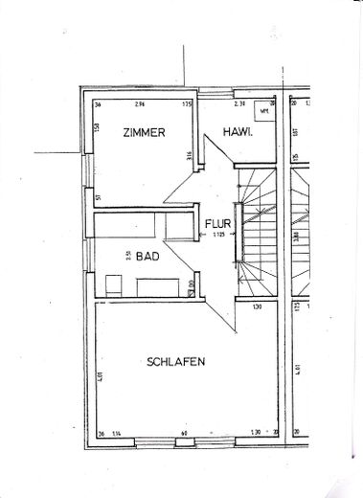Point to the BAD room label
(x=147, y=257)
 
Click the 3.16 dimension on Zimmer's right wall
(x=190, y=155)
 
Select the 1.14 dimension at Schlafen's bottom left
(x=115, y=435)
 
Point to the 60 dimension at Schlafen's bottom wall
(x=183, y=435)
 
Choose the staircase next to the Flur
(x=259, y=230)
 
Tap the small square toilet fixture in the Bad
(x=114, y=284)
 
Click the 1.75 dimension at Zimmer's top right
(x=187, y=102)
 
